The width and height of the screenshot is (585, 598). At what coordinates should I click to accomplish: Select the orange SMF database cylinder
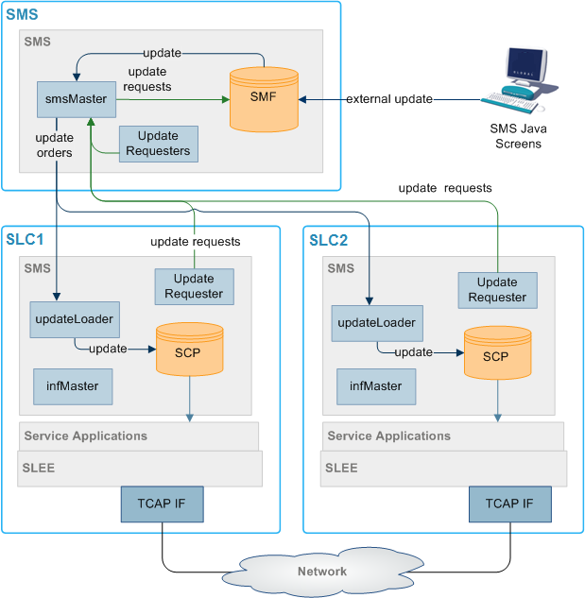(265, 100)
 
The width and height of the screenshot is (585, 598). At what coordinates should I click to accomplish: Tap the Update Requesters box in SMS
(158, 144)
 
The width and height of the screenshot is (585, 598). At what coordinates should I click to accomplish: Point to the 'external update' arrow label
(389, 99)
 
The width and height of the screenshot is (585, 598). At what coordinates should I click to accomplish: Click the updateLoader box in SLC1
(75, 319)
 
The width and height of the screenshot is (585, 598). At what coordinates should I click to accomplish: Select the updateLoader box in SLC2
(376, 323)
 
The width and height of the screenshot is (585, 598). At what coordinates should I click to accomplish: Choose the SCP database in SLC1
(190, 349)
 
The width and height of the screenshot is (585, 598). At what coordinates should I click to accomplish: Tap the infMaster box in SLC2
(375, 385)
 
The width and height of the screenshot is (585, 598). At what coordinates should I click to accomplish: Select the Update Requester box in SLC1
(194, 286)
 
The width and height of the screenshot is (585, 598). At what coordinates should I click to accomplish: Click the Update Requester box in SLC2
(497, 289)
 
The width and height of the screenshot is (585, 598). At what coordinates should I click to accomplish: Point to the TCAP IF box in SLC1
(162, 504)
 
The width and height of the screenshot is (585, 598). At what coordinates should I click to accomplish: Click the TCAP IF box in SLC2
(509, 504)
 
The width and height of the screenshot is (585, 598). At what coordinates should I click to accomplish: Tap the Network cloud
(322, 571)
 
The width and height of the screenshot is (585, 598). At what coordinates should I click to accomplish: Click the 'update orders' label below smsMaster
(54, 145)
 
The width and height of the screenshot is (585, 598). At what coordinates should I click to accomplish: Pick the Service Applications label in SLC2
(388, 436)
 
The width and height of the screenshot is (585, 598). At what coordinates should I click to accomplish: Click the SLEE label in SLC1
(40, 467)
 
